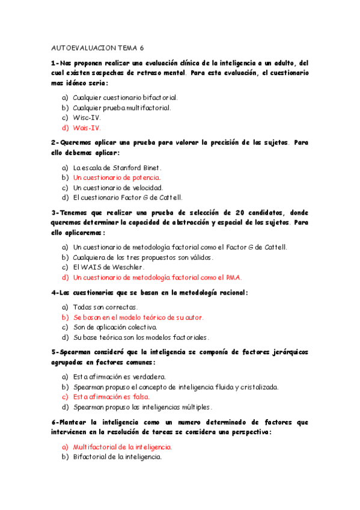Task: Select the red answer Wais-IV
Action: pos(87,128)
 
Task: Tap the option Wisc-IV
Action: pos(87,118)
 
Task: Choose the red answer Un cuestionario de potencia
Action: pos(117,178)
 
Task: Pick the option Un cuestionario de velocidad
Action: pos(118,188)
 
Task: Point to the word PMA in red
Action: pos(233,277)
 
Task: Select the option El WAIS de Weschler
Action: pos(109,267)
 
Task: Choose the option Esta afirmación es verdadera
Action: pos(119,377)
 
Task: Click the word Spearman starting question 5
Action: pos(72,352)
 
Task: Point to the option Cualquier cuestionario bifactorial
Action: pos(125,97)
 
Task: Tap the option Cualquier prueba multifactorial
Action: pos(121,108)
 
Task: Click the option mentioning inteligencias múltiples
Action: pos(142,407)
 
